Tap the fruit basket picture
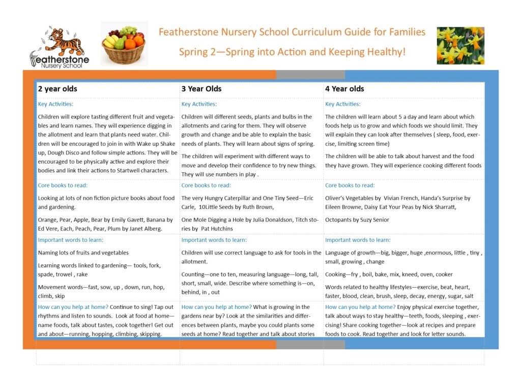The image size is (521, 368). (124, 43)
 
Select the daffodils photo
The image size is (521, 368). (460, 46)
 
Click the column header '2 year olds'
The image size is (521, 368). (57, 89)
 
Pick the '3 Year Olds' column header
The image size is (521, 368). (201, 89)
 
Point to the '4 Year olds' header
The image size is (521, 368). (344, 89)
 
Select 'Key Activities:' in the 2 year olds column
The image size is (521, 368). (55, 104)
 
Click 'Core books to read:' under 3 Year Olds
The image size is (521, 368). (206, 186)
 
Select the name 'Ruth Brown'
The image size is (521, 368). (258, 207)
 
